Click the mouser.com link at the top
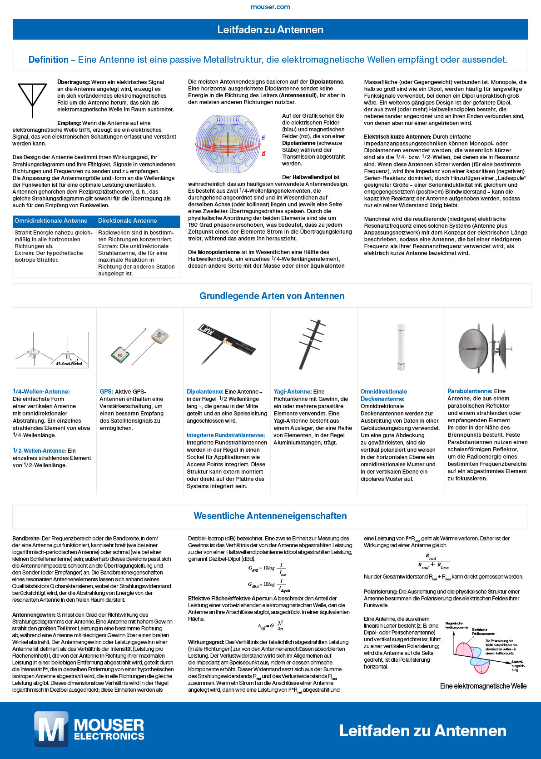click(x=270, y=7)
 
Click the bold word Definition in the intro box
click(x=48, y=60)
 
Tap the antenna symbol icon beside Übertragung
click(x=32, y=100)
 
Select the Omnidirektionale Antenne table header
click(x=51, y=221)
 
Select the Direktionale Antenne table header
click(x=128, y=221)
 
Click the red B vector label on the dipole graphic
click(x=263, y=154)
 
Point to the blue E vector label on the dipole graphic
click(x=263, y=137)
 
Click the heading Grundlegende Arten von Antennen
click(x=272, y=296)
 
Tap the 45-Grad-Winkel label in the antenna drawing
click(x=69, y=364)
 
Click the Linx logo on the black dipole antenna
click(x=207, y=330)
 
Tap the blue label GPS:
click(x=106, y=391)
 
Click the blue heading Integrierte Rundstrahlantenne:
click(x=225, y=435)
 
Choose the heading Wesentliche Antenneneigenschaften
click(x=270, y=516)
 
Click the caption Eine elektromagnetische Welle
click(x=483, y=686)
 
